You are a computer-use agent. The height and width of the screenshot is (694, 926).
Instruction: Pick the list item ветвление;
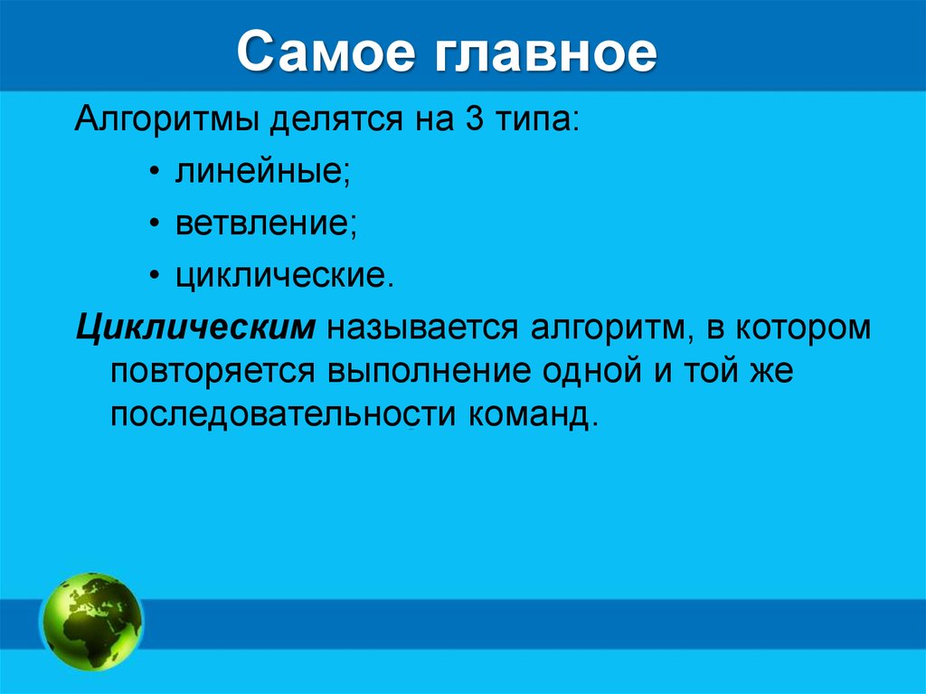(x=266, y=223)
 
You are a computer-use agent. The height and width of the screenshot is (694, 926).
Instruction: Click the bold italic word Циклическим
(x=194, y=327)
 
